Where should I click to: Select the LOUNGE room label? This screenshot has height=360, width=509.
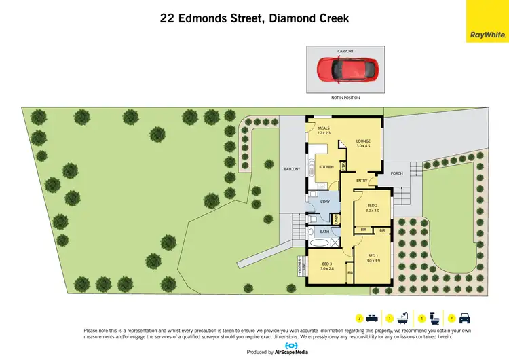point(362,142)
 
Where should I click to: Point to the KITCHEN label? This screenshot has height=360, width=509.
point(326,167)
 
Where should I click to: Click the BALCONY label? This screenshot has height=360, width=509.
point(292,169)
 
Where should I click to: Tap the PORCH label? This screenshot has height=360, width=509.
point(396,173)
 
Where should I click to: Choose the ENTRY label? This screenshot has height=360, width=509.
point(361,181)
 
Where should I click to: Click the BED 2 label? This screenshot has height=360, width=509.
point(372,206)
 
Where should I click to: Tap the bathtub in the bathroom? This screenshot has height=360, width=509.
point(320,242)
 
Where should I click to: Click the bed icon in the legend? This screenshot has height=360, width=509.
point(371,318)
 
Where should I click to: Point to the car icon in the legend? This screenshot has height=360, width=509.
point(466,318)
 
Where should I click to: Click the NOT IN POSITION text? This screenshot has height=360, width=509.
point(345,98)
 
